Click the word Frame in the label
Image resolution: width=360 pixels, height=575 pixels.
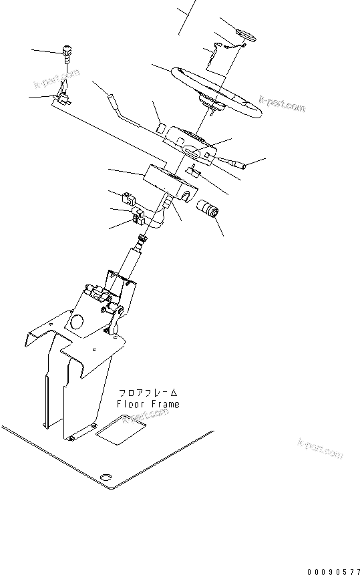point(165,403)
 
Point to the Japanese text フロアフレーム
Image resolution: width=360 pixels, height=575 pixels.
point(148,393)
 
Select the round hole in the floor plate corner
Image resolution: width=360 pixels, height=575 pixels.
point(104,476)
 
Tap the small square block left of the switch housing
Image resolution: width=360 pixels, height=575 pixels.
point(163,126)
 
